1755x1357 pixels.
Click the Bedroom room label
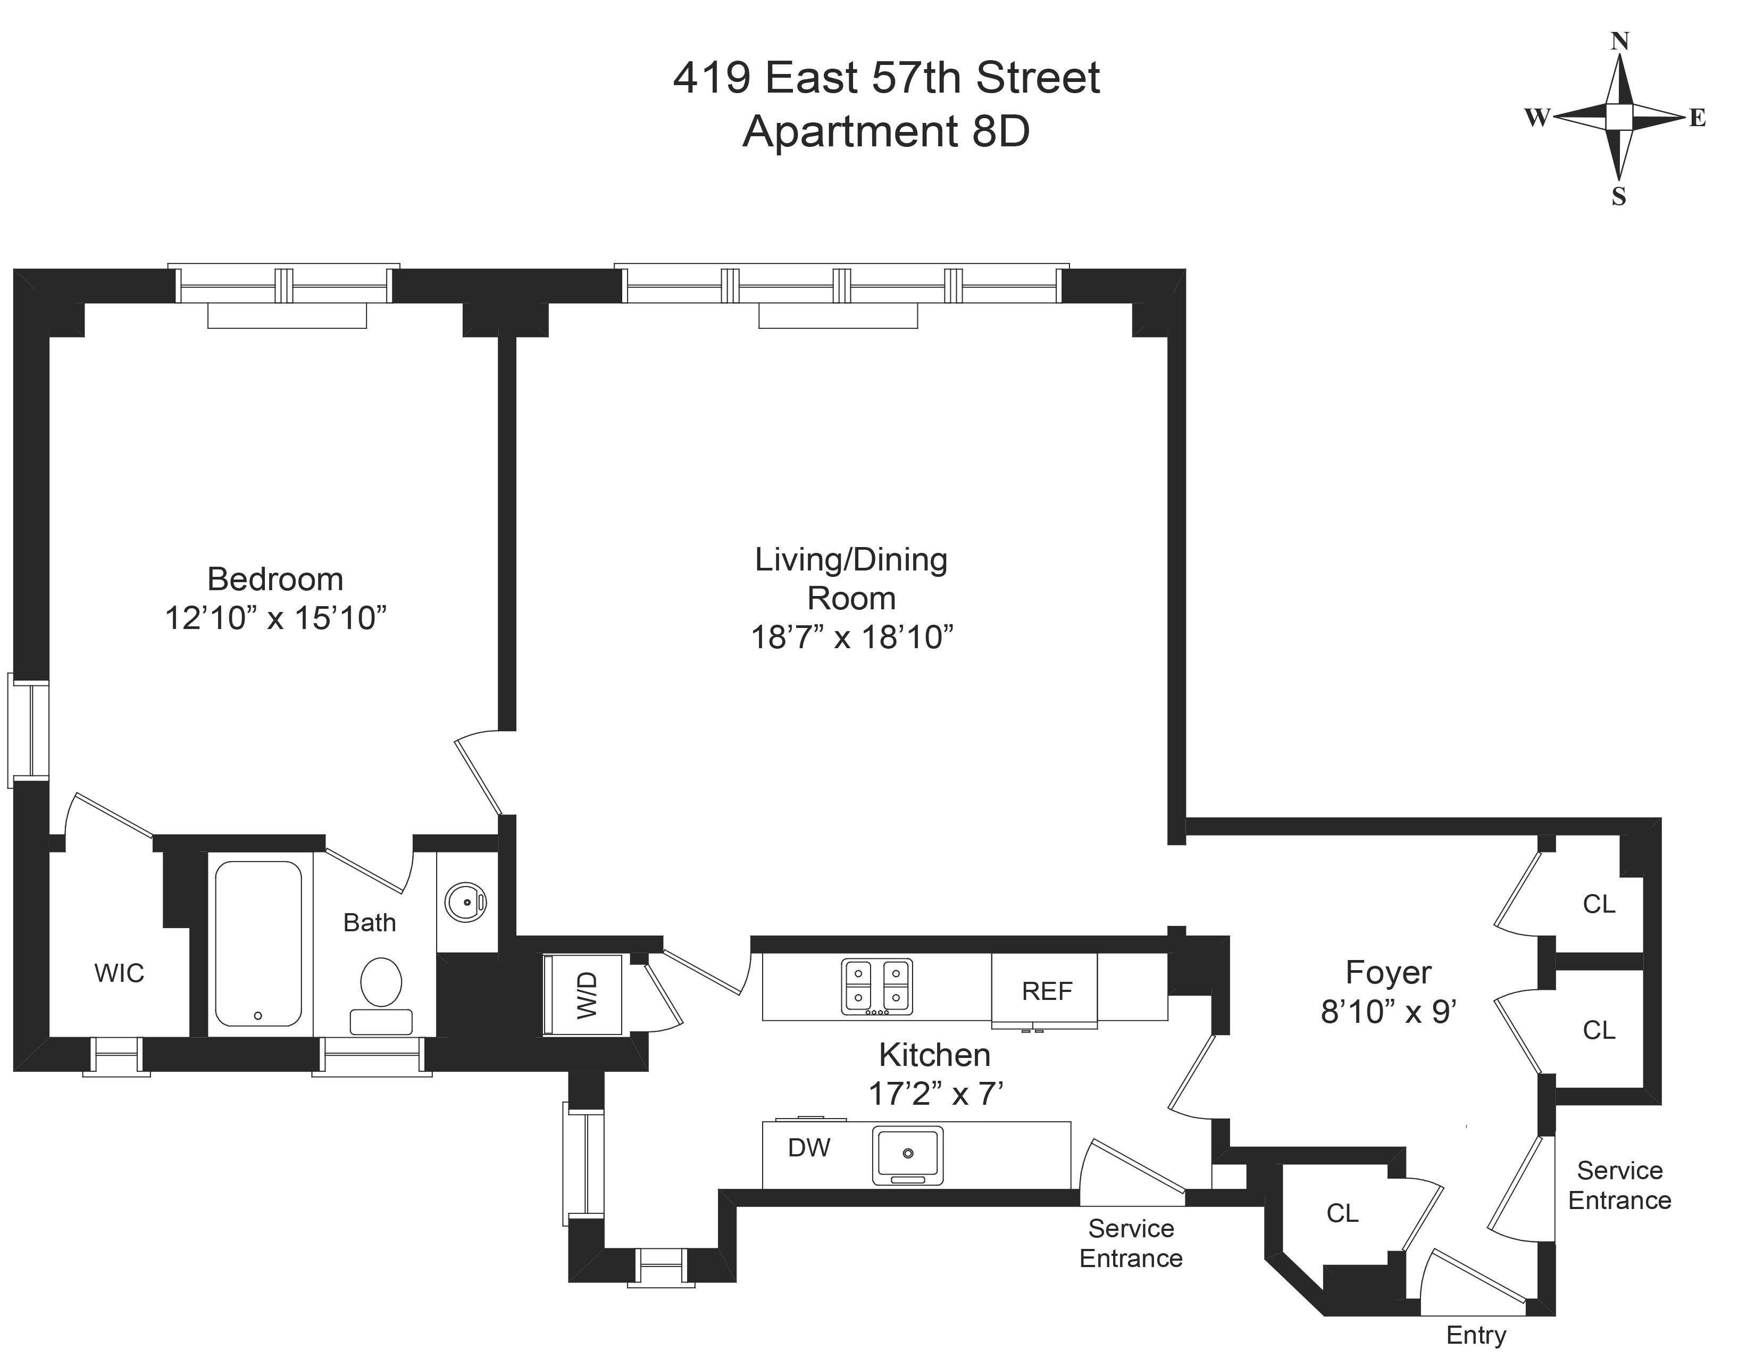[x=275, y=579]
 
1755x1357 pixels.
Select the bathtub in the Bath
[x=259, y=944]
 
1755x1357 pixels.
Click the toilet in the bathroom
[x=381, y=995]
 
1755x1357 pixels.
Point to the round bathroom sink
[x=466, y=902]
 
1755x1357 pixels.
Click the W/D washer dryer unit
[x=584, y=995]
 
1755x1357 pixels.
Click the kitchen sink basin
[x=908, y=1155]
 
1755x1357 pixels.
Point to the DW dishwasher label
[x=809, y=1148]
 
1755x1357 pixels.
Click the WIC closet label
[x=119, y=973]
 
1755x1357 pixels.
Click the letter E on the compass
[x=1697, y=118]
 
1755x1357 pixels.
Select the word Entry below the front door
[x=1475, y=1335]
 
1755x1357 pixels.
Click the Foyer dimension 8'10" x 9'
[x=1389, y=1011]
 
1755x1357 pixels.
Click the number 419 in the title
[x=712, y=78]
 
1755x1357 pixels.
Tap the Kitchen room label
[x=934, y=1055]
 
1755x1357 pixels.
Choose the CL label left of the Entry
[x=1342, y=1213]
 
